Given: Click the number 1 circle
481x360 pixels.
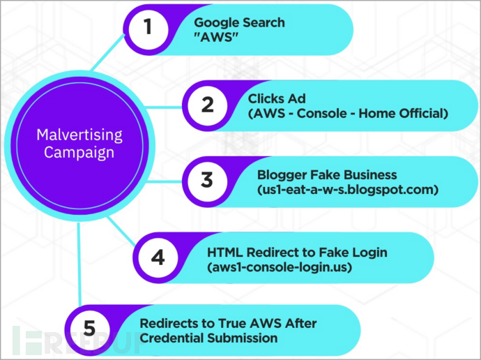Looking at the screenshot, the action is [x=148, y=29].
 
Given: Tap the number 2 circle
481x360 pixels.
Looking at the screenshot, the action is [x=207, y=105].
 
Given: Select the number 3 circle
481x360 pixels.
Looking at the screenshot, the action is [x=207, y=181].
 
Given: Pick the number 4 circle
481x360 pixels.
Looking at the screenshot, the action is [x=158, y=257].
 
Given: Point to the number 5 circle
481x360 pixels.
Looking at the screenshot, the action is [x=90, y=329].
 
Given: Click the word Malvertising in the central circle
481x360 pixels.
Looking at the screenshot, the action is [x=79, y=135].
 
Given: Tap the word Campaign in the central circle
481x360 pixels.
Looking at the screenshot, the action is [x=79, y=153].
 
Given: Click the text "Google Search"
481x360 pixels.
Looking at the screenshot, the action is [x=240, y=22].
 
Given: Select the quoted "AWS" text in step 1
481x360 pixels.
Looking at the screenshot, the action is [x=217, y=37].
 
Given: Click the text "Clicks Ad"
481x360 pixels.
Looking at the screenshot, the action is [x=277, y=98].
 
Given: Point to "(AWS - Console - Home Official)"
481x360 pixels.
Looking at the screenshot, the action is [x=348, y=114].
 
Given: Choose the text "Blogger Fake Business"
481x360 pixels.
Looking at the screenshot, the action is [x=327, y=175].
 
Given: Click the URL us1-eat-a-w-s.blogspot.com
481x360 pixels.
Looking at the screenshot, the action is [x=348, y=190].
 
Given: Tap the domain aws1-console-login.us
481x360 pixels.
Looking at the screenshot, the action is [x=280, y=267].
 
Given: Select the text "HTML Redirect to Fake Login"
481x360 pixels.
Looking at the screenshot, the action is [x=297, y=253].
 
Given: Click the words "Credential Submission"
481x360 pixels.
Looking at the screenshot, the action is [x=208, y=338].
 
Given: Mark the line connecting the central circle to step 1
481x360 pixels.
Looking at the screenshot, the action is [x=108, y=52].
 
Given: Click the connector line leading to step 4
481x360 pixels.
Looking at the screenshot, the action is [x=121, y=231].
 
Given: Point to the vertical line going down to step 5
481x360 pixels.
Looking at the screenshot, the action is [x=79, y=264].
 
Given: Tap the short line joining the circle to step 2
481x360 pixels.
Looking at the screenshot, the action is [x=164, y=107].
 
